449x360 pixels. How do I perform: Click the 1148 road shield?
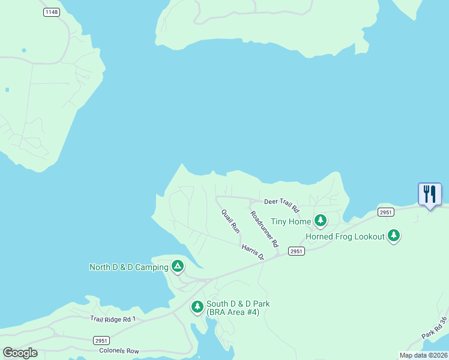(52, 12)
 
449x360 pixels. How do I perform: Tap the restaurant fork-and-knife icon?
(430, 194)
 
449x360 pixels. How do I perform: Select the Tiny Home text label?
(291, 221)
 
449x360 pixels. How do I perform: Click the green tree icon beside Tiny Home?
(321, 221)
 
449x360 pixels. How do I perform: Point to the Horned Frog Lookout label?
(345, 236)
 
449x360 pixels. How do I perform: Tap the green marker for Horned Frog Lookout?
(394, 236)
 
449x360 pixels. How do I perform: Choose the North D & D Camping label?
(128, 267)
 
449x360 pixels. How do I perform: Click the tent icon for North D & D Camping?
(177, 266)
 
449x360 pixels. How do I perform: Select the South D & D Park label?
(238, 308)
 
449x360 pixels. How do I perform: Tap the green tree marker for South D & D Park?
(197, 307)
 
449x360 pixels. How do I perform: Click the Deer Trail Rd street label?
(282, 205)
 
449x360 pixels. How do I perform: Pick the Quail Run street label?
(231, 220)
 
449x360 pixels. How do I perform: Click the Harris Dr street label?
(253, 251)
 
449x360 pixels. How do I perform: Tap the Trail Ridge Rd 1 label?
(113, 319)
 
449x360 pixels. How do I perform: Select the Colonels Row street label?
(119, 350)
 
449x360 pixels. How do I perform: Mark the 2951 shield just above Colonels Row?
(101, 340)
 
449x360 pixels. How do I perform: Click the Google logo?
(20, 353)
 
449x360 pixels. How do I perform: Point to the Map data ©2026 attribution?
(423, 355)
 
